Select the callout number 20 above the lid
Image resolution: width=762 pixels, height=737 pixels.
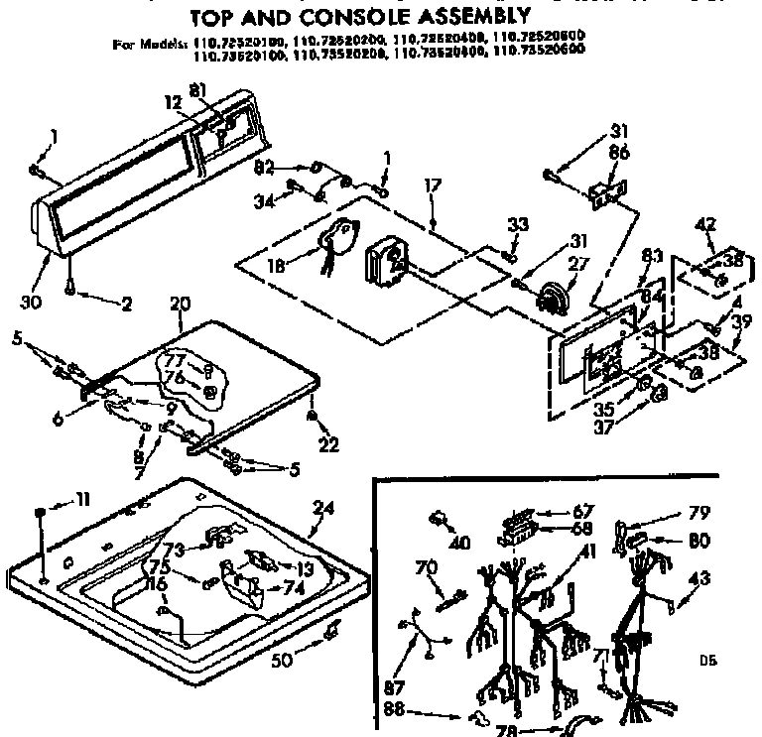tap(180, 303)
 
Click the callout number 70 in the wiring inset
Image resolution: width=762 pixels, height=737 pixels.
tap(425, 569)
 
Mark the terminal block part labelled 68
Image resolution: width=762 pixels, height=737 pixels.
tap(513, 536)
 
